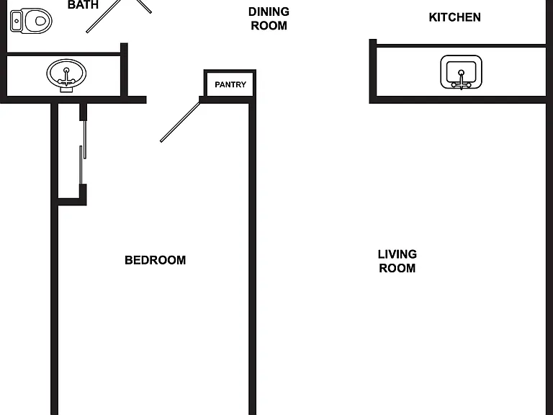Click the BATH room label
tap(83, 4)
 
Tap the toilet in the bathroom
tap(31, 21)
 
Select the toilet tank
tap(17, 21)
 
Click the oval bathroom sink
tap(66, 75)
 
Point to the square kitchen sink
tap(461, 72)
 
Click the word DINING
tap(269, 12)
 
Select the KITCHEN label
tap(454, 17)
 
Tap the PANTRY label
tap(230, 85)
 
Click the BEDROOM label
tap(156, 260)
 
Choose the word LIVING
tap(397, 254)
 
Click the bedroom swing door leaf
tap(180, 122)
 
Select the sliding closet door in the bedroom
tap(83, 152)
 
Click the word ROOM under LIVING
tap(397, 268)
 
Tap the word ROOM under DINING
tap(269, 26)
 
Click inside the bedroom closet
tap(69, 152)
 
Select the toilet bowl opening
tap(41, 21)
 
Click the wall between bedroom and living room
tap(252, 259)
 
